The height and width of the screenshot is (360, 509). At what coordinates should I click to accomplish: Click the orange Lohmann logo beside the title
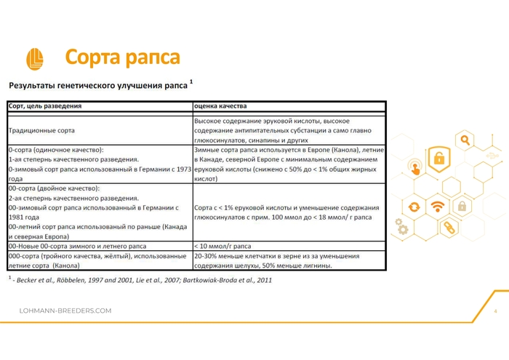[34, 58]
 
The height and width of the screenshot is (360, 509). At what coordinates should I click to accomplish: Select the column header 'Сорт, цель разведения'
[44, 105]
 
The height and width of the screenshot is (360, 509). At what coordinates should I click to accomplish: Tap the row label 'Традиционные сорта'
[41, 130]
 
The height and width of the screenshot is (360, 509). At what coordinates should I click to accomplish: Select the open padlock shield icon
[438, 158]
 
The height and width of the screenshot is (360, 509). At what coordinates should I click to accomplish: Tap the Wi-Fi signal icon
[437, 207]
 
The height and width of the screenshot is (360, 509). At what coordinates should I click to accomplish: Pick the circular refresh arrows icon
[414, 207]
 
